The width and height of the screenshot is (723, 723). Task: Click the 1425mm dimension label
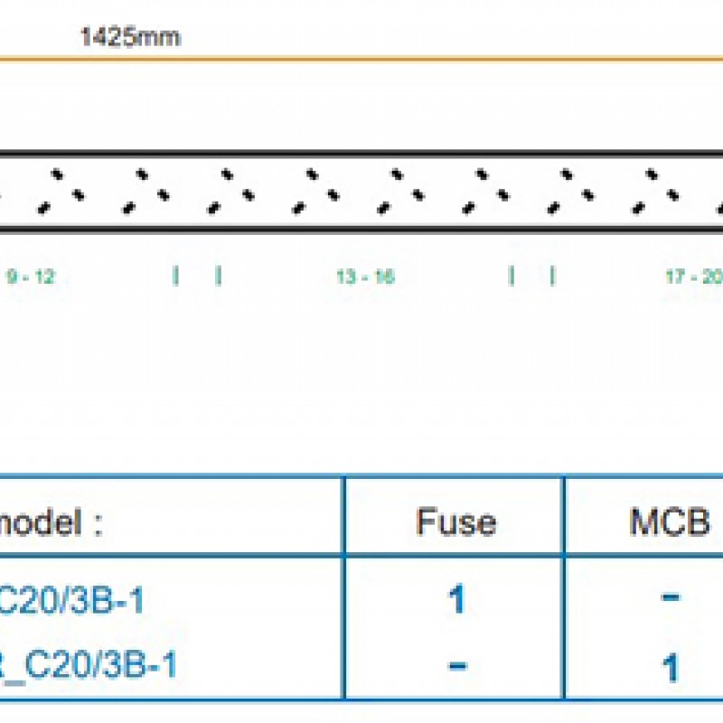[x=130, y=38]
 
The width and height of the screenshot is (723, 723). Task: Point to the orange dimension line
[x=361, y=61]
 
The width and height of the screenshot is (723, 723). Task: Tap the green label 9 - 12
[x=31, y=277]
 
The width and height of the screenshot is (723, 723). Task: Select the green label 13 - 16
[x=365, y=277]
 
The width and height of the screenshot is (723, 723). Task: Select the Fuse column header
[x=455, y=522]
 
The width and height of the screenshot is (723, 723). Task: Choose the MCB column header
[x=670, y=522]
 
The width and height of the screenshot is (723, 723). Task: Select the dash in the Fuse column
[x=456, y=667]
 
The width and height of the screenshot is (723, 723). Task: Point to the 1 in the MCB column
[x=670, y=669]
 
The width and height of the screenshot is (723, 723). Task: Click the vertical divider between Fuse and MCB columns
[x=564, y=587]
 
